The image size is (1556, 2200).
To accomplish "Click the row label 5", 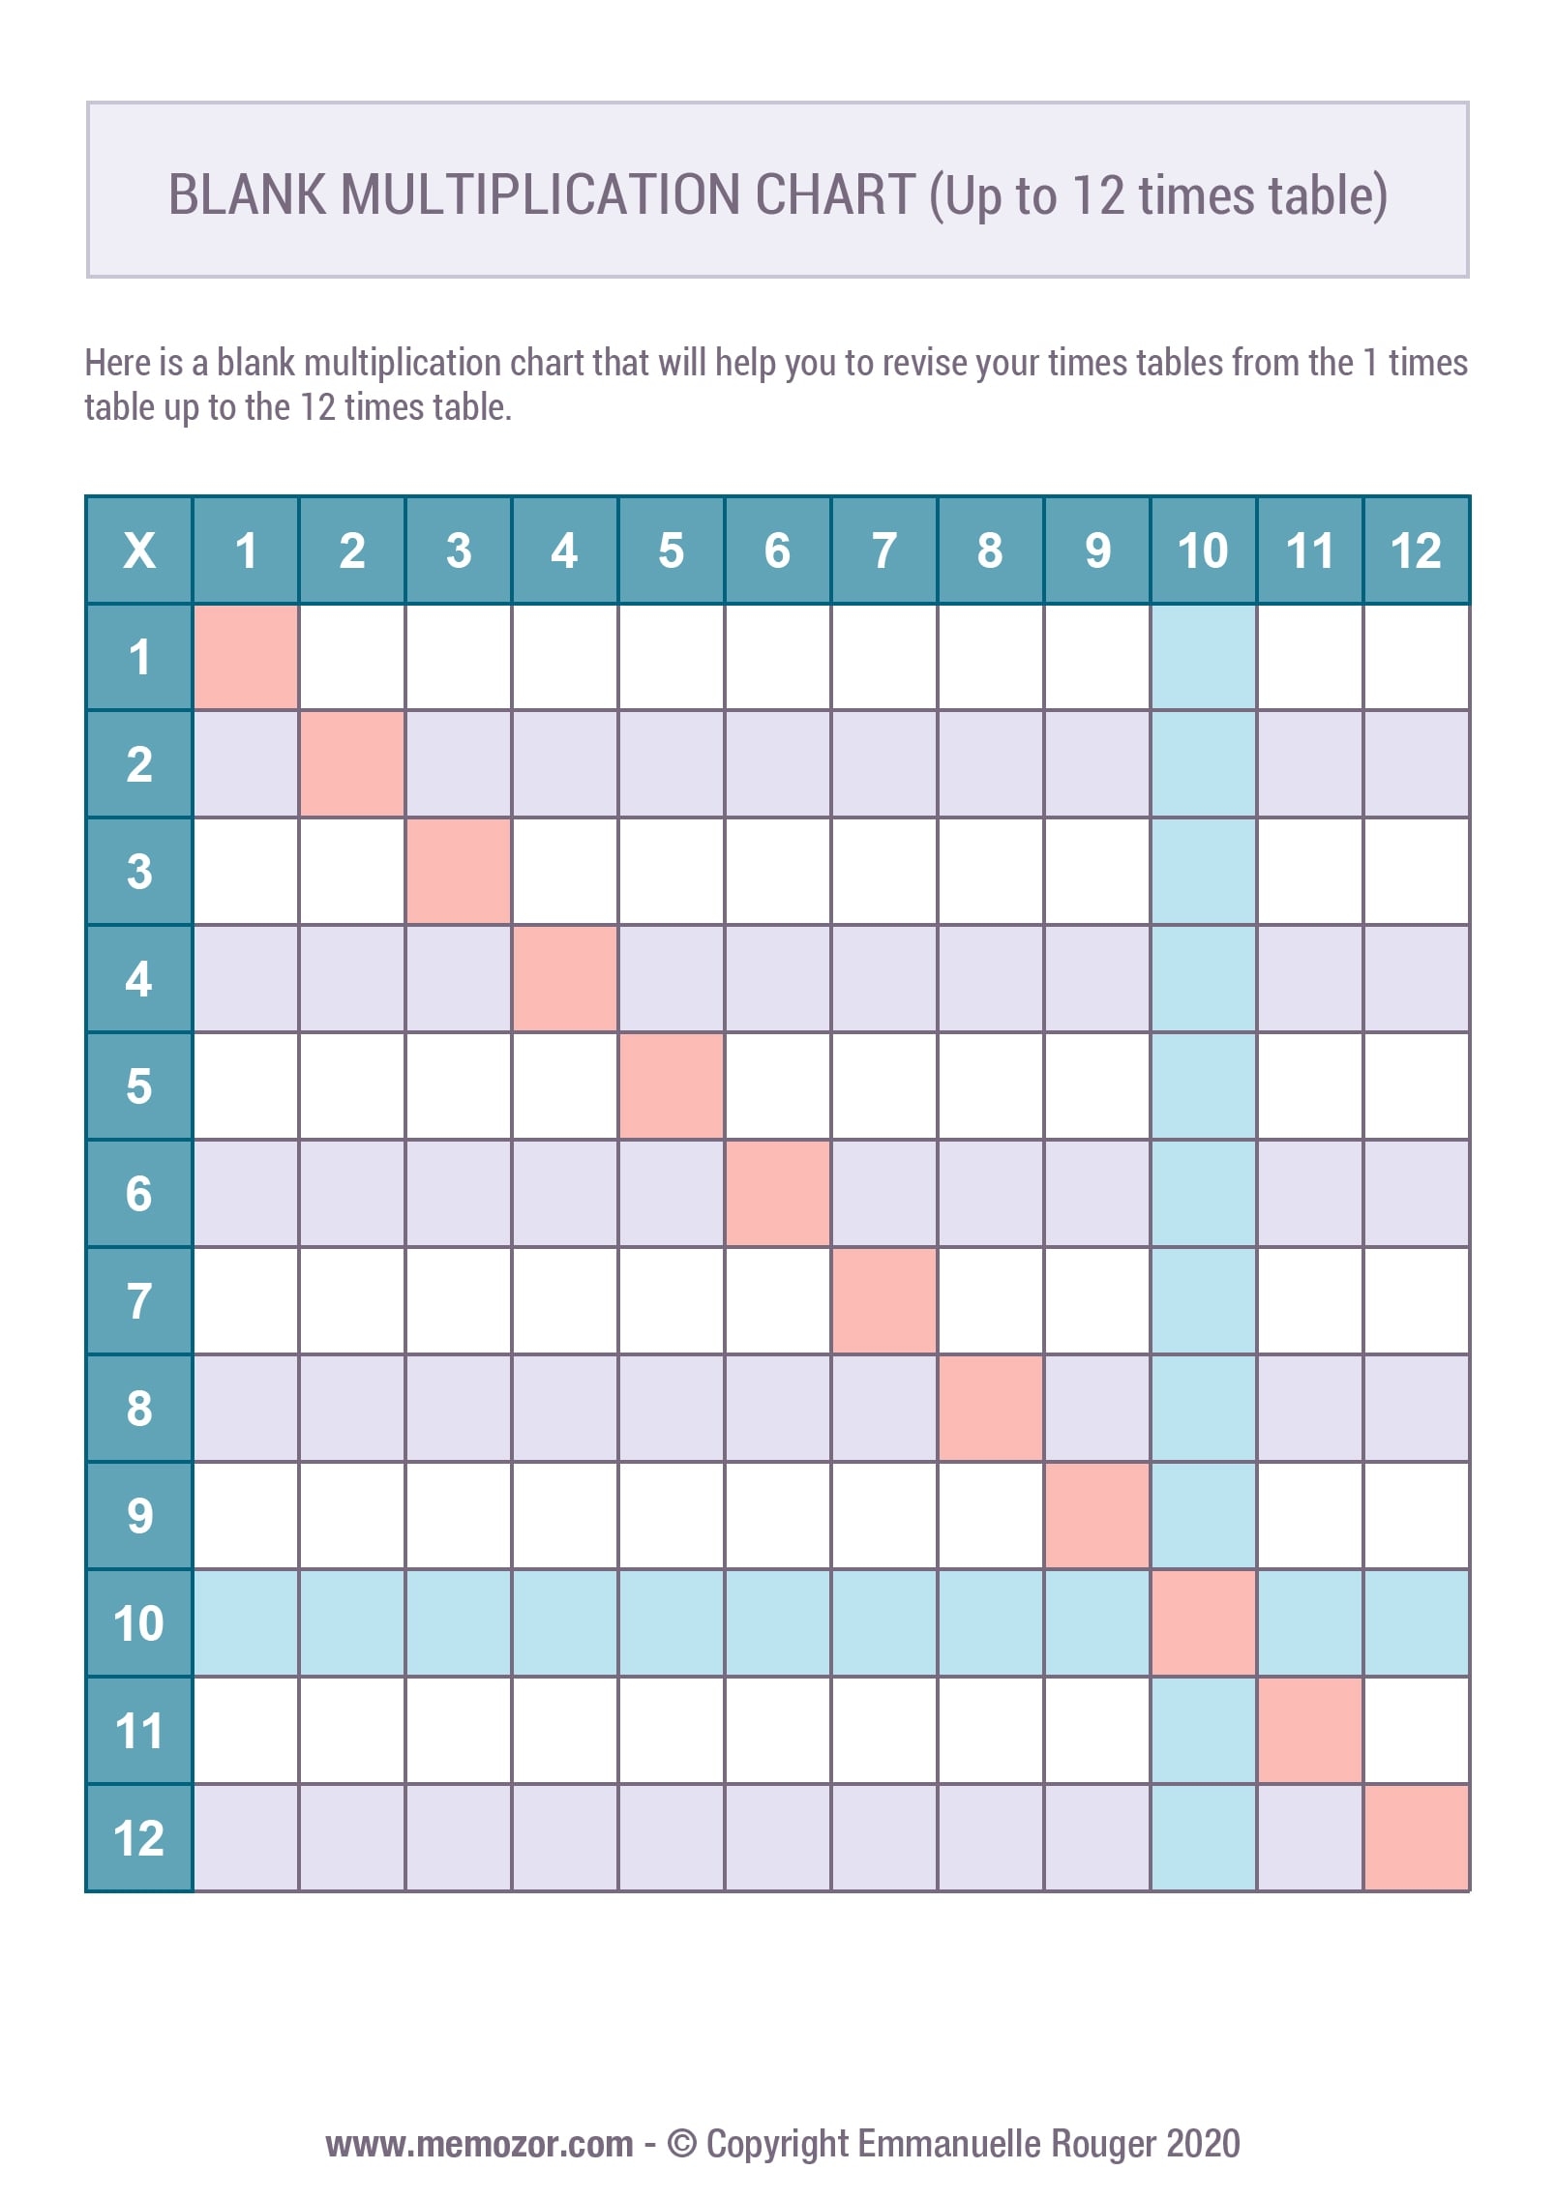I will tap(139, 1085).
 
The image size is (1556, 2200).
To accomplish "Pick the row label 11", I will tap(139, 1730).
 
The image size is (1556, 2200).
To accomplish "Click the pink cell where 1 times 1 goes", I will tap(246, 657).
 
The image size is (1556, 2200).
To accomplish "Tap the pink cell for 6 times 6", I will tap(777, 1193).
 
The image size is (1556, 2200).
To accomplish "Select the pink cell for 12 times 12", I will tap(1416, 1837).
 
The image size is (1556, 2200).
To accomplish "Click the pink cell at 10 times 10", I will tap(1203, 1622).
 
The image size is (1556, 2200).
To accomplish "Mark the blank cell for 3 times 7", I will tap(883, 871).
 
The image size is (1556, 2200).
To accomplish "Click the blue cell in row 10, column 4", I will tap(564, 1622).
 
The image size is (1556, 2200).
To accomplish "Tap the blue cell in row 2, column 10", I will tap(1203, 764).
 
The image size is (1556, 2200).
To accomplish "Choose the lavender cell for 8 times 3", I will tap(459, 1408).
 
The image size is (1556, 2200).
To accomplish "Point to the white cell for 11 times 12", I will tap(1416, 1730).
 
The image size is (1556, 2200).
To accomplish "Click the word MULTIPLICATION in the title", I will tap(541, 194).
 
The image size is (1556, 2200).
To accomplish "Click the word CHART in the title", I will tap(834, 194).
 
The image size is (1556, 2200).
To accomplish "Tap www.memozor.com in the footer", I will tap(479, 2144).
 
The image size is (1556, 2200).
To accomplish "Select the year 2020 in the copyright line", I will tap(1203, 2144).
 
